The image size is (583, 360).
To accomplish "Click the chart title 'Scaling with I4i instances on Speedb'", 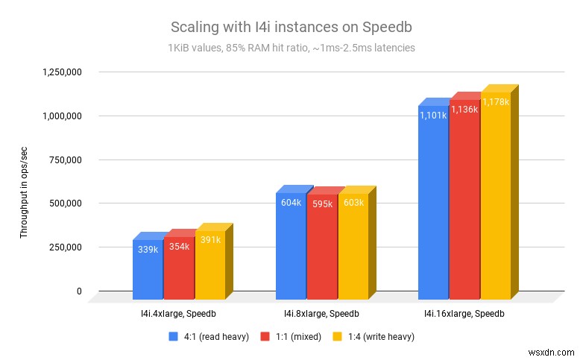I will pos(291,28).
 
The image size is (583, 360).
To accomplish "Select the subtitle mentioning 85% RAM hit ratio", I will pos(291,48).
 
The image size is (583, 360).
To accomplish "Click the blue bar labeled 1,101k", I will pos(432,201).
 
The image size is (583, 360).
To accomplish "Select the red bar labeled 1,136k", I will pos(464,198).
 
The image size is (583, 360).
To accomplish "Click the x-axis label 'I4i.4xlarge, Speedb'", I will pos(179,314).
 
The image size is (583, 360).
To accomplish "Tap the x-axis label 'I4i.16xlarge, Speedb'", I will pos(464,314).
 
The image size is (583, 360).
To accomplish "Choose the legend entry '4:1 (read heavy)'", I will pos(216,336).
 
